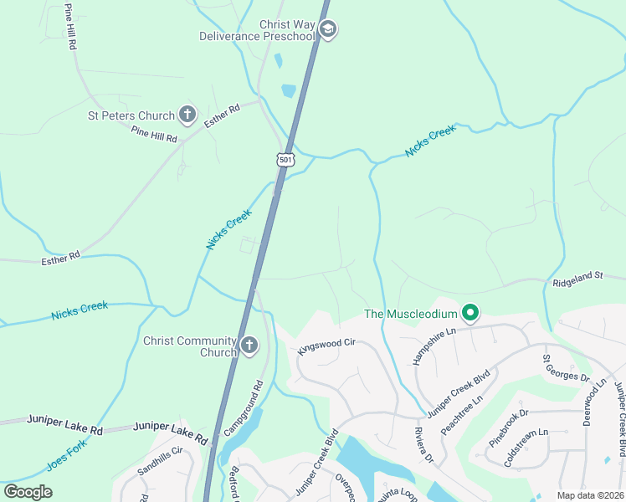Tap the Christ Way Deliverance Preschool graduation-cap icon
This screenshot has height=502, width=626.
click(328, 30)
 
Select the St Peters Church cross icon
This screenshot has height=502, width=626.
click(187, 115)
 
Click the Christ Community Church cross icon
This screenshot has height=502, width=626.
click(249, 345)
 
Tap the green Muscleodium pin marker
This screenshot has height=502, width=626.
click(470, 314)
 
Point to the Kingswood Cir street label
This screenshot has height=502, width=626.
click(327, 343)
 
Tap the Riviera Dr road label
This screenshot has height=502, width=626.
click(423, 446)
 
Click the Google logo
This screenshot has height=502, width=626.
click(28, 492)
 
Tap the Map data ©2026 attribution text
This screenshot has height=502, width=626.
click(589, 495)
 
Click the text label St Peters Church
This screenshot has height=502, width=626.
click(131, 115)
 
